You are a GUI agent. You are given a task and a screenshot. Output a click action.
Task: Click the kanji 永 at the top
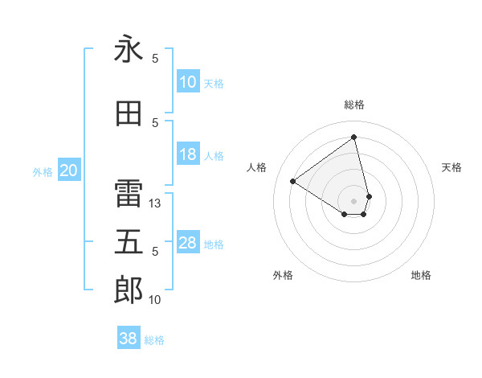(x=129, y=50)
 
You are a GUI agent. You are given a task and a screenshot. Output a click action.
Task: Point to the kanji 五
(x=129, y=242)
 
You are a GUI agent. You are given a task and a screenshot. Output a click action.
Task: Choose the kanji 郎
(x=129, y=291)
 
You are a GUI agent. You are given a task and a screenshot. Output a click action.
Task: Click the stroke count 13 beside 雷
(x=156, y=203)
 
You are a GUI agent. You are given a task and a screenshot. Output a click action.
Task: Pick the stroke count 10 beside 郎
(x=155, y=300)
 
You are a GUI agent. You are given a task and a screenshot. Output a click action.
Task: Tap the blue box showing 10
(x=188, y=82)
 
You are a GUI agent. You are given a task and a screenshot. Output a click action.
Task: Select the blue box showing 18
(x=188, y=154)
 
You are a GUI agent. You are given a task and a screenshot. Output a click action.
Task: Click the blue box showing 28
(x=188, y=243)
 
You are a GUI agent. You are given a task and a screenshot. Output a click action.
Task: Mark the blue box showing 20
(x=69, y=171)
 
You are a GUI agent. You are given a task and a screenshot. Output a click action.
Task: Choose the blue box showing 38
(x=129, y=339)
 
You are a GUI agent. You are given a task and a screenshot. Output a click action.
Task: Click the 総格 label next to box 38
(x=154, y=340)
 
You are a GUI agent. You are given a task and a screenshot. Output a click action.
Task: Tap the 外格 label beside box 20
(x=42, y=172)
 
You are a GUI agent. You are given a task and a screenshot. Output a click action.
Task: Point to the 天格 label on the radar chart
(x=452, y=167)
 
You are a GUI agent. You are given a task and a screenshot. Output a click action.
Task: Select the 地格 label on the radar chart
(x=421, y=275)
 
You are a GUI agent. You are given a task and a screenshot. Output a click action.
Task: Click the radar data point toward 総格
(x=353, y=138)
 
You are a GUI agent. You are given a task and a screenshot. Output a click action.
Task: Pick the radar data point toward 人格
(x=293, y=182)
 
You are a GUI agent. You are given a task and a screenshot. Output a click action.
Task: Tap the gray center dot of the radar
(x=353, y=200)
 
